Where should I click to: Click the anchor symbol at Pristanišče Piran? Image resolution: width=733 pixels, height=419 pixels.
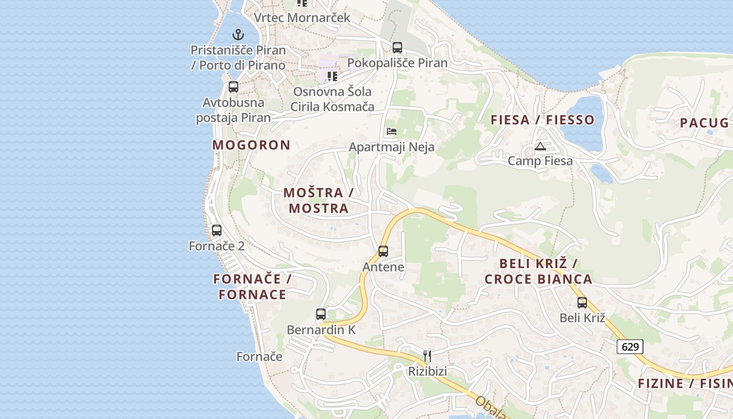click(x=238, y=35)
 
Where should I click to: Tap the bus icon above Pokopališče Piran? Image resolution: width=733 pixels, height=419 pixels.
click(x=397, y=48)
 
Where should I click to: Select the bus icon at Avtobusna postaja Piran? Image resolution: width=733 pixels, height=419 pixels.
click(x=234, y=87)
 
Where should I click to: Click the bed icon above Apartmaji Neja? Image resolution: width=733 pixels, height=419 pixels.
click(x=391, y=131)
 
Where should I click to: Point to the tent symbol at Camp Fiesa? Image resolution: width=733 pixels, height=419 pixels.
click(x=540, y=146)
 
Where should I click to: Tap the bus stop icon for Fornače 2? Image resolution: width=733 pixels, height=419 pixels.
click(x=217, y=230)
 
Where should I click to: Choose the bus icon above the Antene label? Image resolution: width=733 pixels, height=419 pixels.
click(x=383, y=251)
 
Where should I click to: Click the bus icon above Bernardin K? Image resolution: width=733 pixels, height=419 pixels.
click(x=321, y=314)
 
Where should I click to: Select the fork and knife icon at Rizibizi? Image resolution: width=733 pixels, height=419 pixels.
click(x=427, y=356)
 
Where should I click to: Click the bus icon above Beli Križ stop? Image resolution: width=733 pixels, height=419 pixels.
click(x=582, y=302)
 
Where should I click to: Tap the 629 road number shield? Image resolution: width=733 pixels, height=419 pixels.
click(x=629, y=347)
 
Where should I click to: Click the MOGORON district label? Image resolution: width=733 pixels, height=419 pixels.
click(x=251, y=145)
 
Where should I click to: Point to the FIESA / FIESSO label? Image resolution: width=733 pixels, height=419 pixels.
click(x=542, y=120)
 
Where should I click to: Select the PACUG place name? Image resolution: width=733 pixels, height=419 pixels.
click(x=704, y=123)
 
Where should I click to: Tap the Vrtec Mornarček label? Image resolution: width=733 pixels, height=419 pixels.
click(x=302, y=17)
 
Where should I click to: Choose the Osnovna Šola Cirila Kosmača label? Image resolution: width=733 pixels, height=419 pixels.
click(x=332, y=100)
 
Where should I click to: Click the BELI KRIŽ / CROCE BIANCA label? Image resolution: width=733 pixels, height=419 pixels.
click(x=538, y=271)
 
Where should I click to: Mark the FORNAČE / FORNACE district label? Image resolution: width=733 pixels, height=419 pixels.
click(x=252, y=286)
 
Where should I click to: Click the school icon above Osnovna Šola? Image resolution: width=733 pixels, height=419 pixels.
click(x=332, y=76)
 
